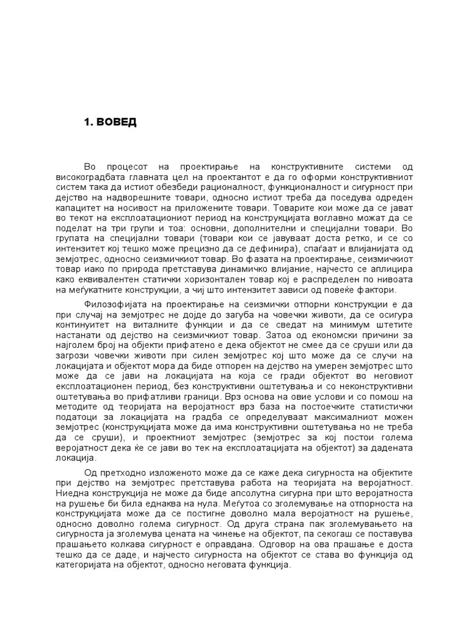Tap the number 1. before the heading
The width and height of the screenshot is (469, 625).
88,122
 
